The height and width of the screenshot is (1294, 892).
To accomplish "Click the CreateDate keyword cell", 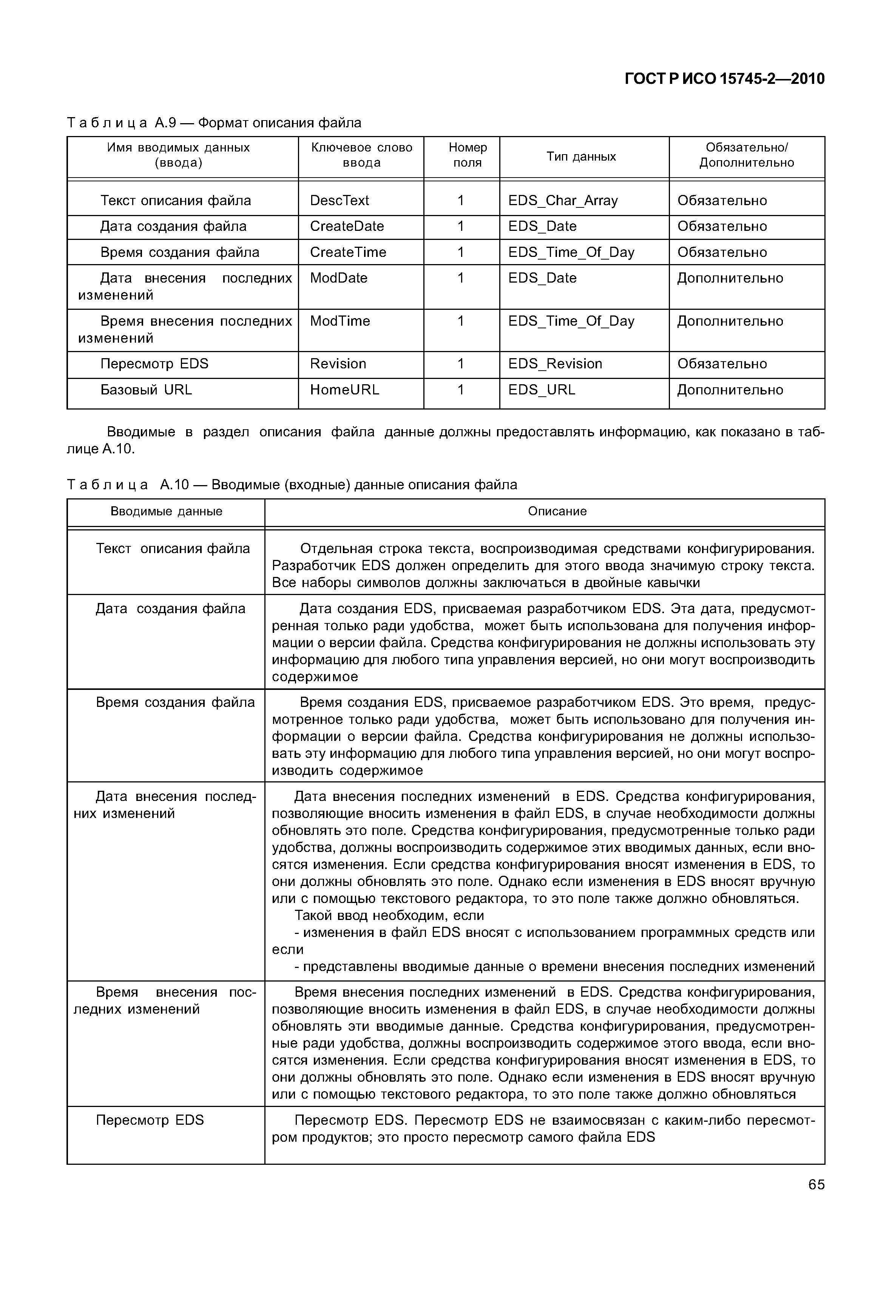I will tap(347, 226).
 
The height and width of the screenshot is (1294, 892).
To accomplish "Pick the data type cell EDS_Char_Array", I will tap(562, 200).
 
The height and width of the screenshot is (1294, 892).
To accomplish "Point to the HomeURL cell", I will tap(344, 390).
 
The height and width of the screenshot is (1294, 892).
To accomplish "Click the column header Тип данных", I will tap(581, 156).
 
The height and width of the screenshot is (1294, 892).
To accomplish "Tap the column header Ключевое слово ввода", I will tap(361, 155).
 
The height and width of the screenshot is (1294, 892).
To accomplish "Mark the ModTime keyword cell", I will tap(340, 321).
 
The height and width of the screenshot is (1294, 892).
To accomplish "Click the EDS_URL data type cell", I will tap(541, 390).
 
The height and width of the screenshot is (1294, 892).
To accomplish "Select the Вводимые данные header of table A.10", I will tap(166, 511).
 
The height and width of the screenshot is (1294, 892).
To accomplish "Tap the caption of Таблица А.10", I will tap(292, 484).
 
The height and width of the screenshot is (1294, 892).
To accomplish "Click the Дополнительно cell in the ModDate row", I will tap(730, 278).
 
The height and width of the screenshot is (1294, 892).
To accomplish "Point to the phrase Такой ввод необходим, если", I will tap(389, 915).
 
